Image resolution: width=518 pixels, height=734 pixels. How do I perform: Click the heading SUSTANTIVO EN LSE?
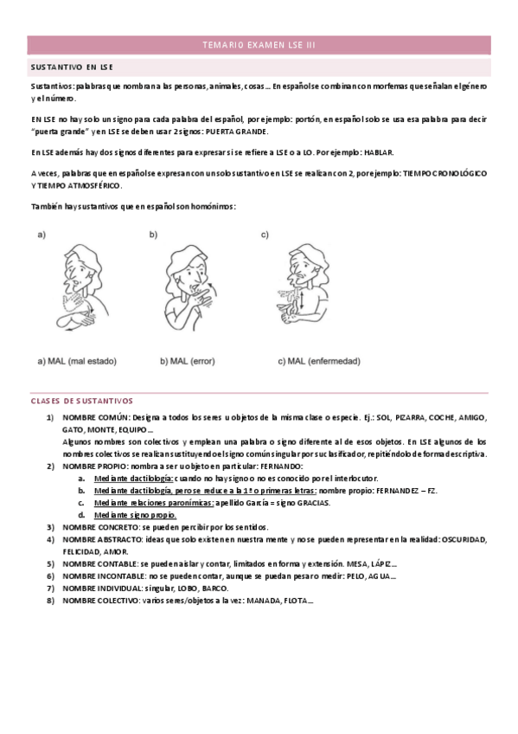tap(72, 67)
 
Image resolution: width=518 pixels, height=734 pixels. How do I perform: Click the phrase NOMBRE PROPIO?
tap(93, 466)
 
